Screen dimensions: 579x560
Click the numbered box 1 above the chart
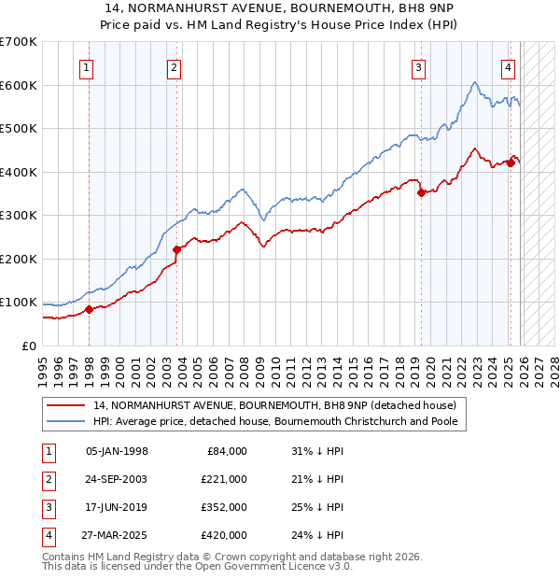click(86, 67)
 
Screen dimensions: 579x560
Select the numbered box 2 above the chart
click(175, 67)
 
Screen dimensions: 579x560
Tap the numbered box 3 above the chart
click(419, 67)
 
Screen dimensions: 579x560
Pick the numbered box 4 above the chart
click(509, 67)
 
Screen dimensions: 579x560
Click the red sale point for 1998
click(89, 309)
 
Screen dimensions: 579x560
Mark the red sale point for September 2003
click(177, 249)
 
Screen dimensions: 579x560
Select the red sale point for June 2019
click(421, 192)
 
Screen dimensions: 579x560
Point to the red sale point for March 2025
click(511, 162)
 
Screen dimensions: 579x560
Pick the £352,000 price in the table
click(224, 508)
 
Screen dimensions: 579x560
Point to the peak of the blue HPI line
click(474, 82)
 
